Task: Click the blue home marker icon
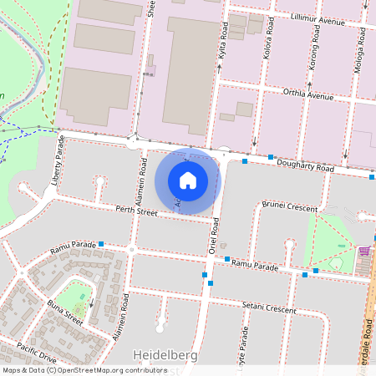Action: [x=188, y=180]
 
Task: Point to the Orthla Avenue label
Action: [x=307, y=94]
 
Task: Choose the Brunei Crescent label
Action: [x=291, y=205]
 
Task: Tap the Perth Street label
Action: [x=137, y=211]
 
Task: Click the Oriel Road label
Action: [x=215, y=237]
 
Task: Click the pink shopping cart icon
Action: [x=364, y=251]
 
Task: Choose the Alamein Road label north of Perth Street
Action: [x=144, y=175]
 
